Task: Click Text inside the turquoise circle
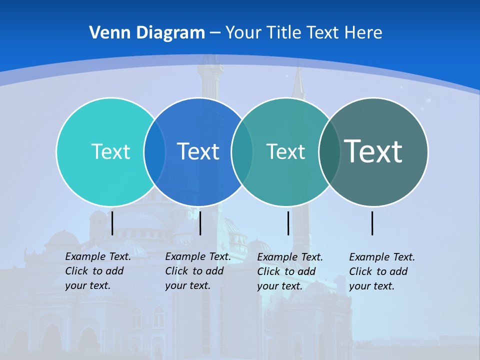(x=110, y=151)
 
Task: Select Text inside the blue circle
(x=198, y=151)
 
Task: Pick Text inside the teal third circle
(x=285, y=151)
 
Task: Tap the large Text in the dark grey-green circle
(x=373, y=151)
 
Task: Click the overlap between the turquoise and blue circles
(x=154, y=151)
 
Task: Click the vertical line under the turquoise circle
(x=112, y=223)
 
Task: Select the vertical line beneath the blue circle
(x=200, y=223)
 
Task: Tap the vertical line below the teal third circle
(x=288, y=223)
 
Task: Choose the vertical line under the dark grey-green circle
(x=372, y=223)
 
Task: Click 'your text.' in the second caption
(x=187, y=285)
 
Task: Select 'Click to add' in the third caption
(x=286, y=271)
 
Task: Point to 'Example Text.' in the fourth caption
(x=382, y=257)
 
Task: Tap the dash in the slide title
(x=215, y=33)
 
